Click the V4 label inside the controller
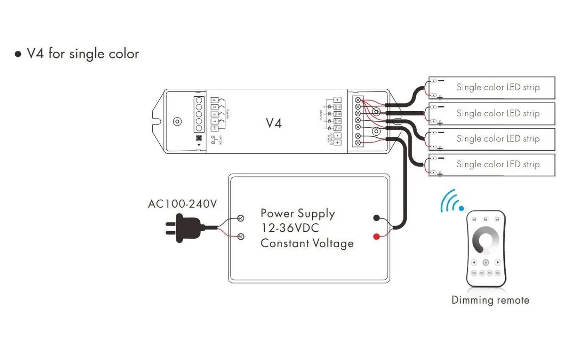pos(274,123)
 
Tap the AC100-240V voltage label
pos(182,204)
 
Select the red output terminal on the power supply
pos(376,236)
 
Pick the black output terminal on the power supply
pos(376,218)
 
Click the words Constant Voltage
pos(307,243)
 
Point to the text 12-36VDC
pos(290,228)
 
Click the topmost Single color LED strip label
pos(498,87)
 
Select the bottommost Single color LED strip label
pos(498,164)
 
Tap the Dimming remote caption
pos(490,300)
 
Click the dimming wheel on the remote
pos(486,240)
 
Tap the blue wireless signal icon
pos(452,201)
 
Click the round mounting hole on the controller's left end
pos(177,122)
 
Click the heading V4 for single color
pos(82,54)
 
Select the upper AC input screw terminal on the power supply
pos(241,218)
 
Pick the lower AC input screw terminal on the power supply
pos(241,237)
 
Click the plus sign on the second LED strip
pos(440,123)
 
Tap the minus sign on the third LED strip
pos(441,132)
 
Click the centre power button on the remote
pos(486,262)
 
